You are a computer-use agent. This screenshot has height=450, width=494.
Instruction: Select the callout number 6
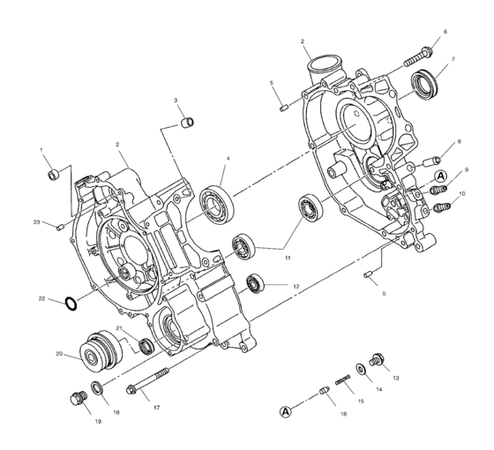coord(445,33)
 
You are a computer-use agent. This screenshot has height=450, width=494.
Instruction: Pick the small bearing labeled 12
coord(257,282)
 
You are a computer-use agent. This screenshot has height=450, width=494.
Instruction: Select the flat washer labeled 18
coord(98,387)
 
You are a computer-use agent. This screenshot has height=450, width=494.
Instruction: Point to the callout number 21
coord(131,329)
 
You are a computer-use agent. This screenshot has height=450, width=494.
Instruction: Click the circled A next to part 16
coord(285,411)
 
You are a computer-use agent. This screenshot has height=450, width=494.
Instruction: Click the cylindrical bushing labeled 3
coord(188,121)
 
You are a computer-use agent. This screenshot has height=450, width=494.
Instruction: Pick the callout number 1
coord(41,151)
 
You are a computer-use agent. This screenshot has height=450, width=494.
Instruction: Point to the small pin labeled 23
coord(58,228)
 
